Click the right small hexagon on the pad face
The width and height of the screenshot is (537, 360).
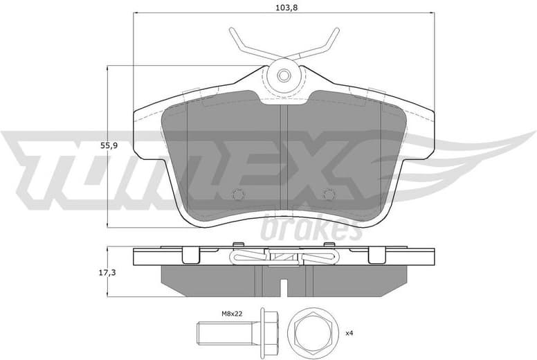point(328,195)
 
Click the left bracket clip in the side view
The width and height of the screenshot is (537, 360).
point(190,255)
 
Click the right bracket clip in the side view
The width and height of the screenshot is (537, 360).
point(377,255)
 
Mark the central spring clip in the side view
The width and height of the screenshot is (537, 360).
point(284,258)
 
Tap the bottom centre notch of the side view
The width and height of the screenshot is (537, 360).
point(283,283)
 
